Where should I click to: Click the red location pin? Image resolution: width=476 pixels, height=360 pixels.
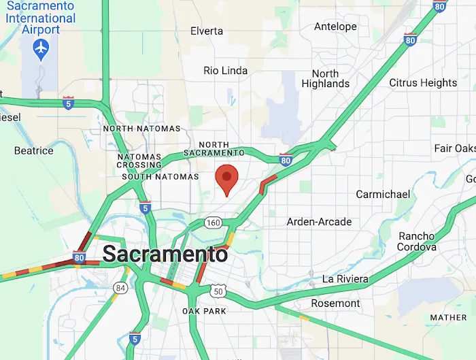tap(226, 179)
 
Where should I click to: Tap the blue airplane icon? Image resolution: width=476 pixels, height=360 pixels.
tap(42, 48)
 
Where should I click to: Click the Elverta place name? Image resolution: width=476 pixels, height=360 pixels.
tap(207, 31)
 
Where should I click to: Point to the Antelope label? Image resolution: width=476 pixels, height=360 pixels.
tap(335, 27)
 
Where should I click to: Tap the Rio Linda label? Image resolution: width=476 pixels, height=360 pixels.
tap(226, 71)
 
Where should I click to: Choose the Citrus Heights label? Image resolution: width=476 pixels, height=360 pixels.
tap(423, 83)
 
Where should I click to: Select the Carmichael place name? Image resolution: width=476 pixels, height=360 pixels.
tap(384, 195)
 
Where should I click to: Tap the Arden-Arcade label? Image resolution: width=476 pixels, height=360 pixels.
tap(319, 222)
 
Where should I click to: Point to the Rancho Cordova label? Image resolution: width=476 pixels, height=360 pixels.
tap(418, 242)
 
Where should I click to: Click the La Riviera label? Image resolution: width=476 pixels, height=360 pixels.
tap(345, 279)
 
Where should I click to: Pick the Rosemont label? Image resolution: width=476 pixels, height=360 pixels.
tap(335, 303)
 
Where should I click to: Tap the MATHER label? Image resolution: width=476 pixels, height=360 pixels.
tap(448, 317)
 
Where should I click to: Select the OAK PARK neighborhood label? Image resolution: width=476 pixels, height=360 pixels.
tap(199, 311)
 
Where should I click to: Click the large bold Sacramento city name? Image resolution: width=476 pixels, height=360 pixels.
tap(165, 255)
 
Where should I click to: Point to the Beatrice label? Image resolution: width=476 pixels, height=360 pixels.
tap(34, 150)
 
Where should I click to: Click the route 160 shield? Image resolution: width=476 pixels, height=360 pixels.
tap(213, 223)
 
